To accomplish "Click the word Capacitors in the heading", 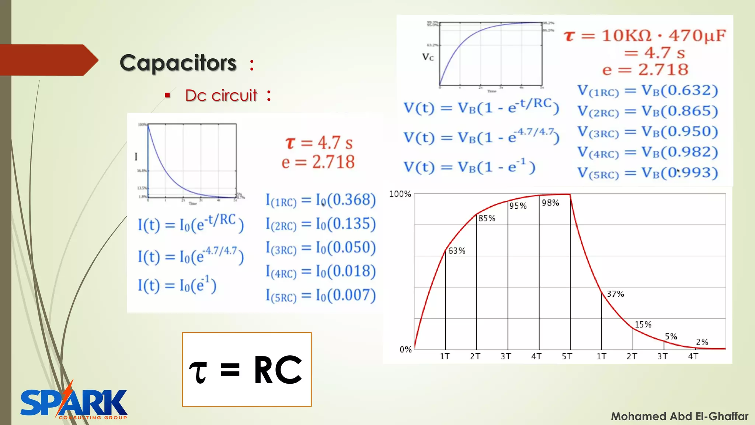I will coord(178,63).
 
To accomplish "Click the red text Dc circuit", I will coord(221,96).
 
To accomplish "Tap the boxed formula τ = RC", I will coord(247,370).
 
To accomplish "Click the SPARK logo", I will coord(74,403).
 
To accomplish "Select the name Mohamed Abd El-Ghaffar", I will coord(679,416).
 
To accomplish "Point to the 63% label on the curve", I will coord(457,251).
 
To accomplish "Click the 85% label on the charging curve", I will coord(487,218).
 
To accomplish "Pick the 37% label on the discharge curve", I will coord(615,294).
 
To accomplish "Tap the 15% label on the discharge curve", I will coord(643,325).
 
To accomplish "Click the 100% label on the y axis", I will coord(400,194).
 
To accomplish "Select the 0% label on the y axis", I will coord(406,349).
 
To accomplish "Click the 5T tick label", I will coord(567,356).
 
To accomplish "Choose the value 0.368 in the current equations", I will coord(351,200).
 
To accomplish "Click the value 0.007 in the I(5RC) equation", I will coord(351,295).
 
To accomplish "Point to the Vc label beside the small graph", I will coord(428,57).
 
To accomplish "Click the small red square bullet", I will coord(168,96).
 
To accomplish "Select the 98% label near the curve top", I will coord(550,203).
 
